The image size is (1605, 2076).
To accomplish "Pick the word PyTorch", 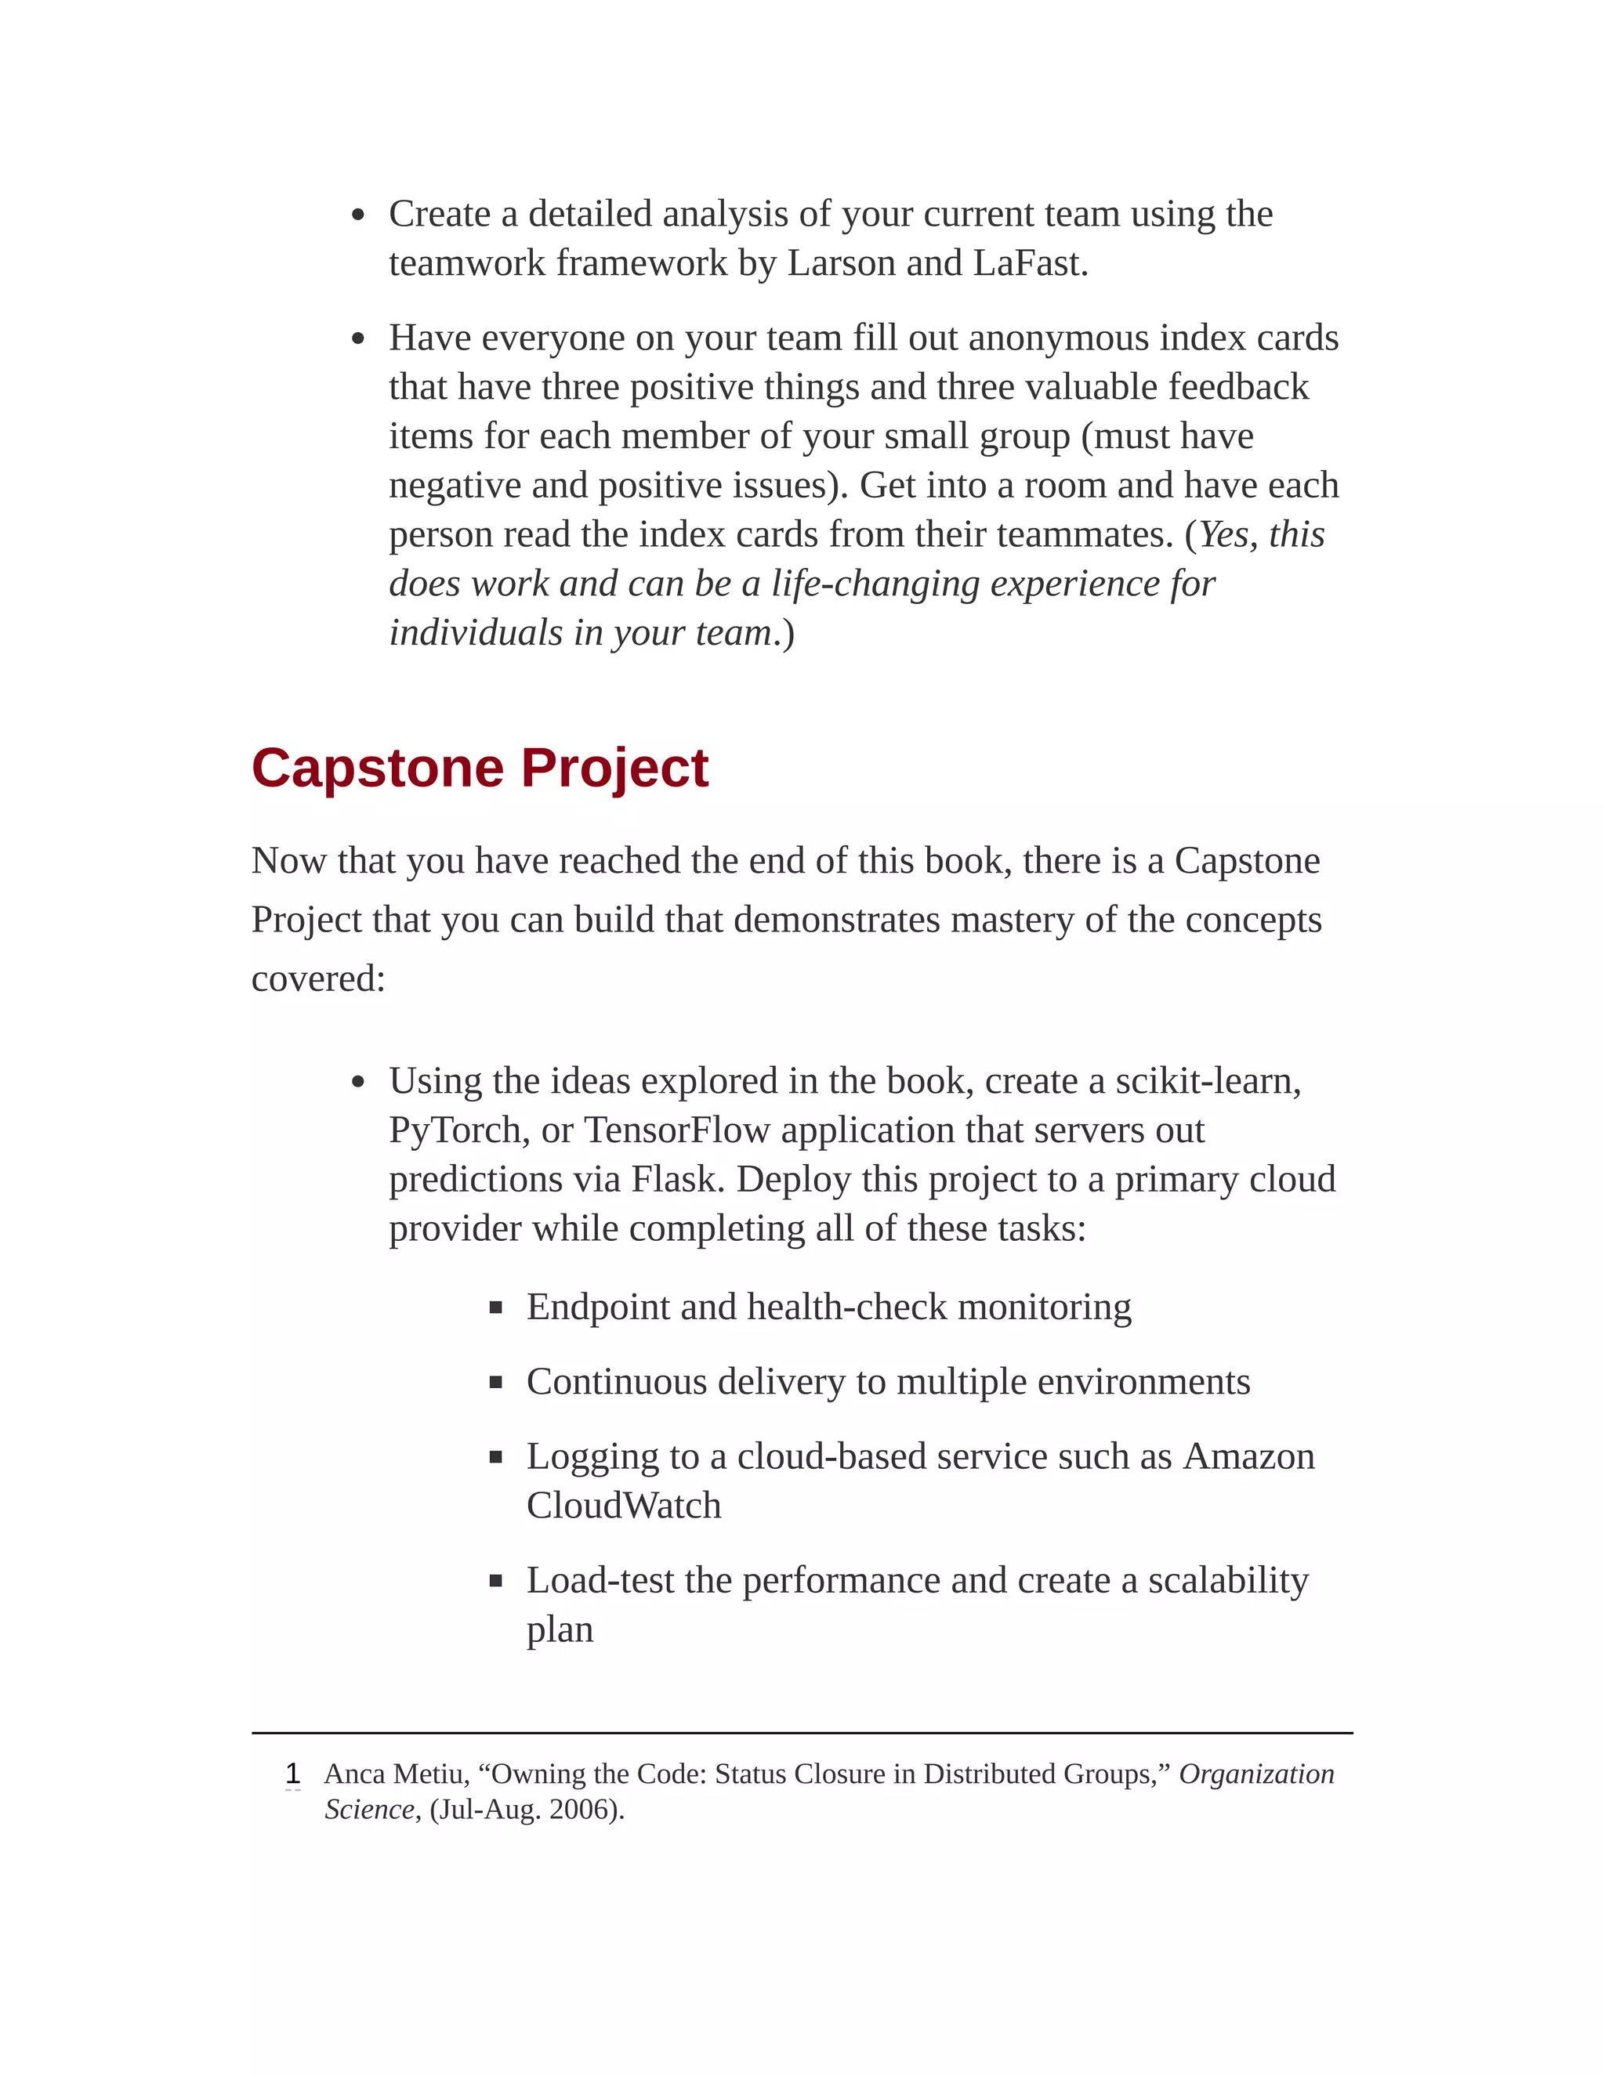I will (458, 1131).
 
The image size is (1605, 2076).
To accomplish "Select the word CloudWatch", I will (624, 1506).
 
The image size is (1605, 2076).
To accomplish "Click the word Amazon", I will (1248, 1456).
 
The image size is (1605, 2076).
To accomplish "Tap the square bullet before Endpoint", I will (495, 1308).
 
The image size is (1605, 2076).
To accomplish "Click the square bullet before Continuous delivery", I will (495, 1383).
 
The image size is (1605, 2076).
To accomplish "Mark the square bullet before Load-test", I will (495, 1582).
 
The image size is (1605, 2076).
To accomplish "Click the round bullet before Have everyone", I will (357, 339).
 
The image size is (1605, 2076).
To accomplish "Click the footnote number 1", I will (293, 1774).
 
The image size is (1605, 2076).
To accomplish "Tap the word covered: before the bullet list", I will (318, 979).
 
